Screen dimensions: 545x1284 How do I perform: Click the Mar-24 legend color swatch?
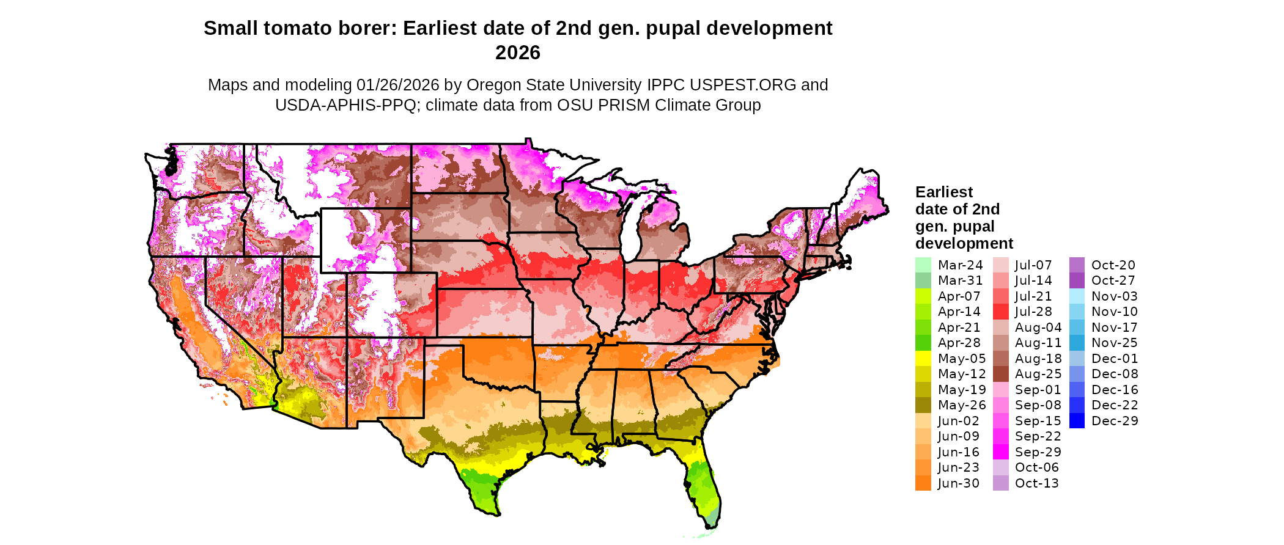click(x=923, y=265)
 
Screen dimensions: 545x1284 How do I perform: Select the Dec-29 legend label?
click(x=1115, y=421)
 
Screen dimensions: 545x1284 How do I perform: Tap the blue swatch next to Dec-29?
click(x=1077, y=421)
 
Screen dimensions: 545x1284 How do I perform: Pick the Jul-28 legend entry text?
click(x=1033, y=312)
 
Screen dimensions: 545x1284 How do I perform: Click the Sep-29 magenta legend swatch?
click(x=1000, y=452)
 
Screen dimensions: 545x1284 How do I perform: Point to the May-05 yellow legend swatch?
click(x=923, y=359)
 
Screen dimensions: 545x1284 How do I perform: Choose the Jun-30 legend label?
click(x=958, y=483)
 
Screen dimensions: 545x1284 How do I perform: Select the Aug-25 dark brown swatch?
click(x=1000, y=374)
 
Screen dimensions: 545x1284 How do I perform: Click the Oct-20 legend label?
click(x=1113, y=265)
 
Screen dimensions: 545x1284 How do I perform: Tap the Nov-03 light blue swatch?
click(x=1077, y=296)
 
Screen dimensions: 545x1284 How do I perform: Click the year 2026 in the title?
click(x=518, y=53)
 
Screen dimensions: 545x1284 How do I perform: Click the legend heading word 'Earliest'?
click(x=943, y=192)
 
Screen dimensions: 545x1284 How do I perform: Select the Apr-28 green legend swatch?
click(x=923, y=343)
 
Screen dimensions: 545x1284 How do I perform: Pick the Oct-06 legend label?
click(x=1036, y=467)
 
